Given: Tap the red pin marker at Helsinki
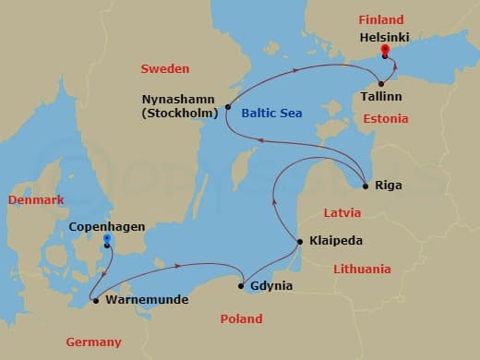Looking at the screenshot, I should pos(385,51).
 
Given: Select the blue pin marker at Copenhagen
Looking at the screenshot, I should pos(108,240).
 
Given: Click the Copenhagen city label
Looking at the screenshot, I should pos(107,224).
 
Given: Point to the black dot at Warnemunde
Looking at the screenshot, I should pos(96,300).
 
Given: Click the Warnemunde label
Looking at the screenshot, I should pos(148,300).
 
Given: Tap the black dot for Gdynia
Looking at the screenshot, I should pos(242,286).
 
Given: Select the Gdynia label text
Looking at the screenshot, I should pos(271,286).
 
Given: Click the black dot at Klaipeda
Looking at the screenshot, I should pos(300,242).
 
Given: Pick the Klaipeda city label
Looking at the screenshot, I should pos(337,241).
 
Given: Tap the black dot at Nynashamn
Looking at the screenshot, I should pos(227,108).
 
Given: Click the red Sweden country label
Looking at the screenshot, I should pos(164,69).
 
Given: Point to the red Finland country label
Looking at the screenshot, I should pos(381,19).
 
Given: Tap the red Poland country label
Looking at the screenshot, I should pos(242,319).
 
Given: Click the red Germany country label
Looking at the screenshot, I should pos(93,342).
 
